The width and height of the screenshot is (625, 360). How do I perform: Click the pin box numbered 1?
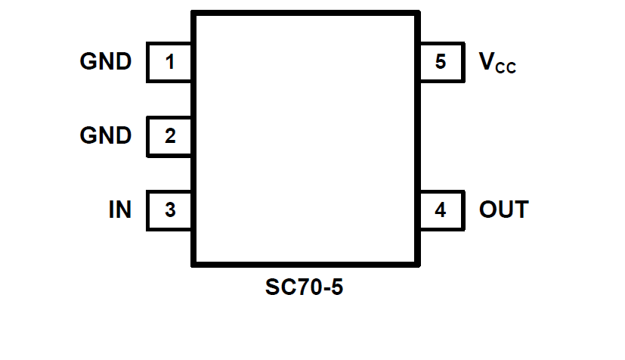click(169, 62)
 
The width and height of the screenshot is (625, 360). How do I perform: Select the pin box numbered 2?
click(169, 136)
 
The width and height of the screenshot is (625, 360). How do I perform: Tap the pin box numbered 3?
click(169, 209)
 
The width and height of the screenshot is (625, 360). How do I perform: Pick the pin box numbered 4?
click(441, 209)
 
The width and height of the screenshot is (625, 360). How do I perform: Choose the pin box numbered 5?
click(441, 62)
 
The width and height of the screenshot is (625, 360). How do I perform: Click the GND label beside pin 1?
click(106, 62)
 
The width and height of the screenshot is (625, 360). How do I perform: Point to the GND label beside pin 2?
click(106, 136)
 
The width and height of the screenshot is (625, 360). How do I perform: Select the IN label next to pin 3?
click(119, 209)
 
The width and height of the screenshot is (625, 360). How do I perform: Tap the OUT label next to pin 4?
click(503, 209)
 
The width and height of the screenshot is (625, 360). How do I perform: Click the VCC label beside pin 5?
click(497, 64)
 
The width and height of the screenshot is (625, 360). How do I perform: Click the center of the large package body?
click(305, 138)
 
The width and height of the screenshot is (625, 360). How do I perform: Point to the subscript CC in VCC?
click(506, 68)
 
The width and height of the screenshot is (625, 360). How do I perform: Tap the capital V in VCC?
click(487, 61)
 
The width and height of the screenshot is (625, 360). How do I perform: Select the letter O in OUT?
click(489, 209)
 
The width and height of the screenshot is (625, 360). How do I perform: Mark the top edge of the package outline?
click(305, 13)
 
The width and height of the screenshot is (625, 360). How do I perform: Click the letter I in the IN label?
click(111, 209)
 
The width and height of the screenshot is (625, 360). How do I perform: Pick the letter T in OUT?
click(521, 209)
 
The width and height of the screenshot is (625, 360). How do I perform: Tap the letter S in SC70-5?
click(271, 288)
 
